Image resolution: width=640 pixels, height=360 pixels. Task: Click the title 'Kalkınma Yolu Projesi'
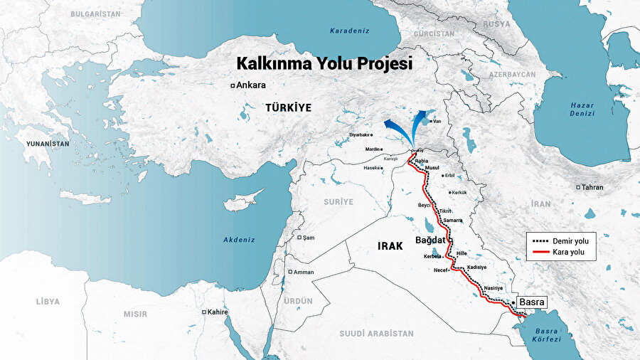pyautogui.click(x=324, y=63)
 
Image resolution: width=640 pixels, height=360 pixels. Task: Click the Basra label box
pyautogui.click(x=531, y=302)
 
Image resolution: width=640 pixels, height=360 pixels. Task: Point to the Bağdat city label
pyautogui.click(x=430, y=240)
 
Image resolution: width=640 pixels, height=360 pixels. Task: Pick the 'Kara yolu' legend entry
pyautogui.click(x=569, y=253)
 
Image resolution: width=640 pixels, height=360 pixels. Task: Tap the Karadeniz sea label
pyautogui.click(x=346, y=31)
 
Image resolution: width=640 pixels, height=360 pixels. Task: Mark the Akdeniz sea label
pyautogui.click(x=238, y=240)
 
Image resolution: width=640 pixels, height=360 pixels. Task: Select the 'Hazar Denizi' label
pyautogui.click(x=581, y=109)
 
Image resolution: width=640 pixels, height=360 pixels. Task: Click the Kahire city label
pyautogui.click(x=217, y=312)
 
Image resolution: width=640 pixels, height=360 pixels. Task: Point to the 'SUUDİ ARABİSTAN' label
pyautogui.click(x=376, y=333)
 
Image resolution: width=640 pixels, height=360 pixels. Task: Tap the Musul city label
pyautogui.click(x=432, y=167)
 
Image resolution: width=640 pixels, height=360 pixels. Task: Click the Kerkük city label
pyautogui.click(x=458, y=192)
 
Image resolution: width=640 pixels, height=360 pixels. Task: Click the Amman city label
pyautogui.click(x=304, y=272)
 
